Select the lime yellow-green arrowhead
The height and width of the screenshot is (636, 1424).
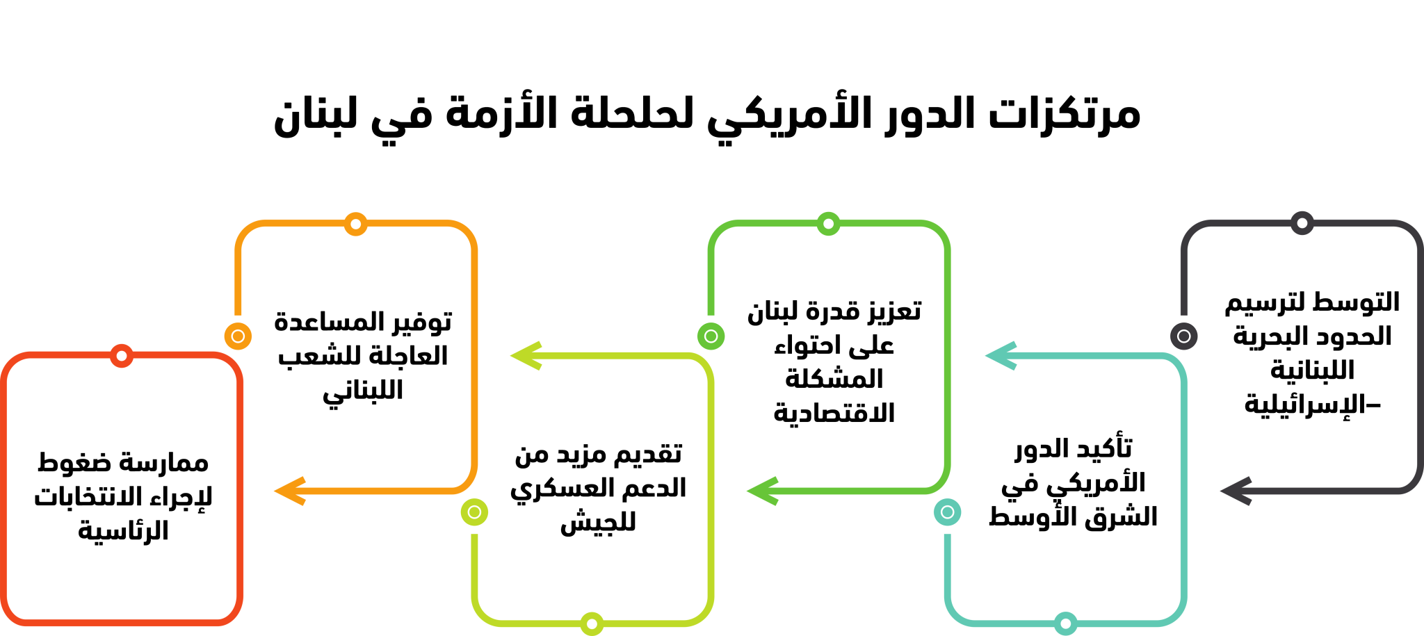526,355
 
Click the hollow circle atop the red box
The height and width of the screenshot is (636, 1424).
122,356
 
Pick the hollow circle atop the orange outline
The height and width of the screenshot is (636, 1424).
355,224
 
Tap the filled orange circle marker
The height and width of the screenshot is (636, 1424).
238,336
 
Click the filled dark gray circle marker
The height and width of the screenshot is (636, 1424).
1183,336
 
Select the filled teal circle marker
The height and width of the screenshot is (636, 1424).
947,512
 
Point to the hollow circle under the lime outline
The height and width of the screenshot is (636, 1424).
592,623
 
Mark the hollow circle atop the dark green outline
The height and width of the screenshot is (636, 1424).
828,224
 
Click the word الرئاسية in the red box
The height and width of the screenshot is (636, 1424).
123,531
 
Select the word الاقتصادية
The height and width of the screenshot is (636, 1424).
834,414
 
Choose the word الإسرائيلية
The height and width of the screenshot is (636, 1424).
1295,404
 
